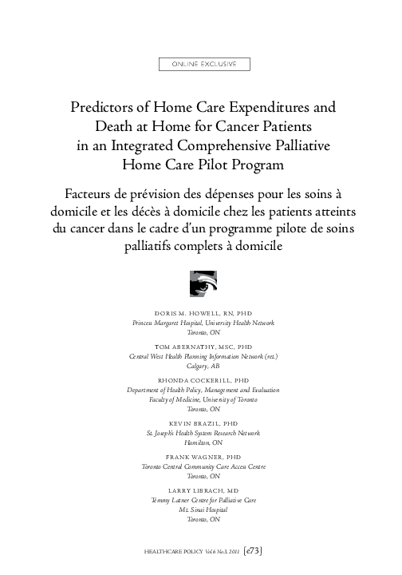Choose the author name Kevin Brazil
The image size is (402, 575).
point(202,422)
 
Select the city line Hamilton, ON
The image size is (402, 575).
point(202,441)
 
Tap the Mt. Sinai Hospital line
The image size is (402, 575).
point(202,509)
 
